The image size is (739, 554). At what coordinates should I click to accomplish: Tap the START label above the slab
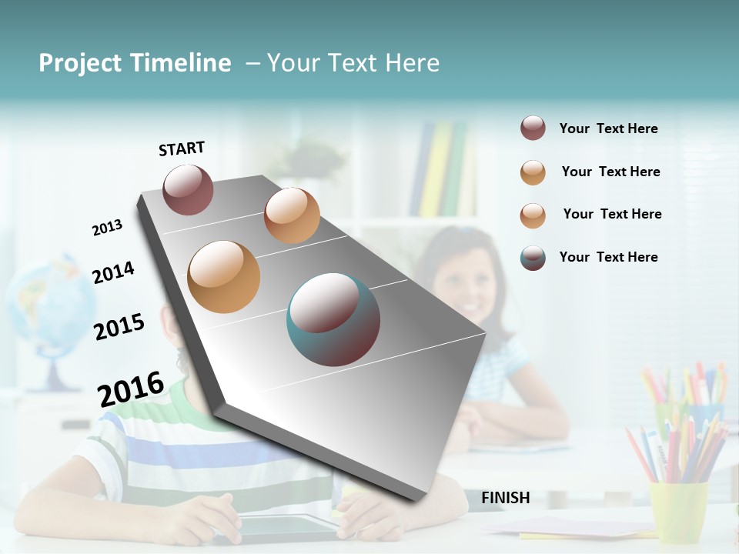coord(182,149)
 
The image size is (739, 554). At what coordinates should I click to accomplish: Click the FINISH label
coord(506,498)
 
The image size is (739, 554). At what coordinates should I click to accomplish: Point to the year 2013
coord(107,228)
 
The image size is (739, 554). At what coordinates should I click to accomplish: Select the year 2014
coord(113,272)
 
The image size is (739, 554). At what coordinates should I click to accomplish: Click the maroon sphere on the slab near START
coord(188,189)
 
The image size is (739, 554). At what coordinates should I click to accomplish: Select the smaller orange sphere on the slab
coord(292,215)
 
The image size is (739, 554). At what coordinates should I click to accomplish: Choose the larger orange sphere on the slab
coord(224,277)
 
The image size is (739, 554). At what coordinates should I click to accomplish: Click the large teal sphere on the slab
coord(333,319)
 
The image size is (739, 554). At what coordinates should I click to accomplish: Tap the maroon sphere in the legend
coord(533,128)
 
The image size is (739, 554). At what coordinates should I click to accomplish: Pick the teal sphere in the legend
coord(533,258)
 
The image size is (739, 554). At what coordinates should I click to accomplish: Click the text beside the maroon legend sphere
coord(608,128)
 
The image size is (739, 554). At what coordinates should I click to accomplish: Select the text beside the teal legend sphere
coord(608,257)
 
